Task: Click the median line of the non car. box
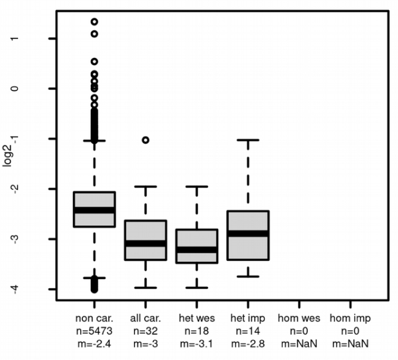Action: pyautogui.click(x=94, y=210)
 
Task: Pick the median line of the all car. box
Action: pyautogui.click(x=145, y=243)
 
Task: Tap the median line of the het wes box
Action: pyautogui.click(x=197, y=249)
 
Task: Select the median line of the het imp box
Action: pyautogui.click(x=248, y=233)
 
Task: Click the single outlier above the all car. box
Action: pyautogui.click(x=145, y=140)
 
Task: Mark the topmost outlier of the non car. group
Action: pyautogui.click(x=94, y=22)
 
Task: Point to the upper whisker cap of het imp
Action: pyautogui.click(x=248, y=139)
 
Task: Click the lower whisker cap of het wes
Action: pyautogui.click(x=197, y=288)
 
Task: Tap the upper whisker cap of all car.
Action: pyautogui.click(x=145, y=187)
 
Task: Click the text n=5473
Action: pyautogui.click(x=94, y=331)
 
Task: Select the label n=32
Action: pyautogui.click(x=145, y=331)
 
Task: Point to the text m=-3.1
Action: pyautogui.click(x=197, y=343)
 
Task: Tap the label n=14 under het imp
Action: pyautogui.click(x=248, y=331)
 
